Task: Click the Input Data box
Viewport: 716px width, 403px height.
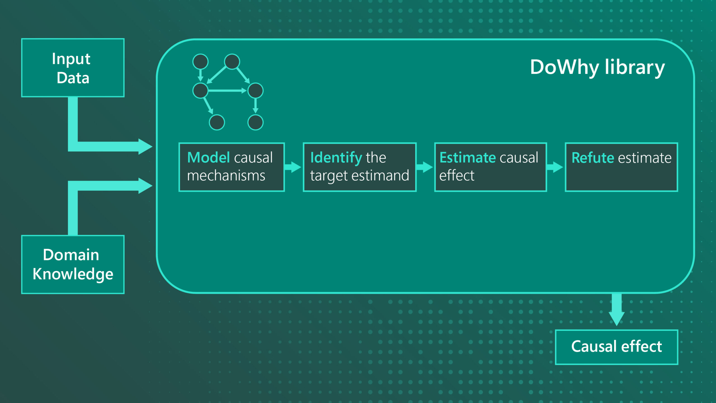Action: pos(73,68)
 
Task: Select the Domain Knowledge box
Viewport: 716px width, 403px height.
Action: pos(73,264)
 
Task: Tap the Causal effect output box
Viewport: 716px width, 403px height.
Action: pos(616,347)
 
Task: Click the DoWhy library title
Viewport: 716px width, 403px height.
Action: pos(597,67)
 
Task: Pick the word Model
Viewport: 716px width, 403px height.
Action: pos(209,157)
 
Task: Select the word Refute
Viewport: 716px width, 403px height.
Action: pos(593,158)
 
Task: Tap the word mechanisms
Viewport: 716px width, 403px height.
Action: pos(226,176)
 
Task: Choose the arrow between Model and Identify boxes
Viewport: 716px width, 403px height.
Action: pos(293,167)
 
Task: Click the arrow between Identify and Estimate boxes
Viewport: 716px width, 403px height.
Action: pos(425,167)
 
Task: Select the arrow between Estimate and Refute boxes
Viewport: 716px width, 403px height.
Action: pos(555,167)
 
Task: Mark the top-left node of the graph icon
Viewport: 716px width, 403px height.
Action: pos(201,62)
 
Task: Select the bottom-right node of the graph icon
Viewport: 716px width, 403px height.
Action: pos(255,122)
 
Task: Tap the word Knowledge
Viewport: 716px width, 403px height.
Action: pos(73,274)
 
